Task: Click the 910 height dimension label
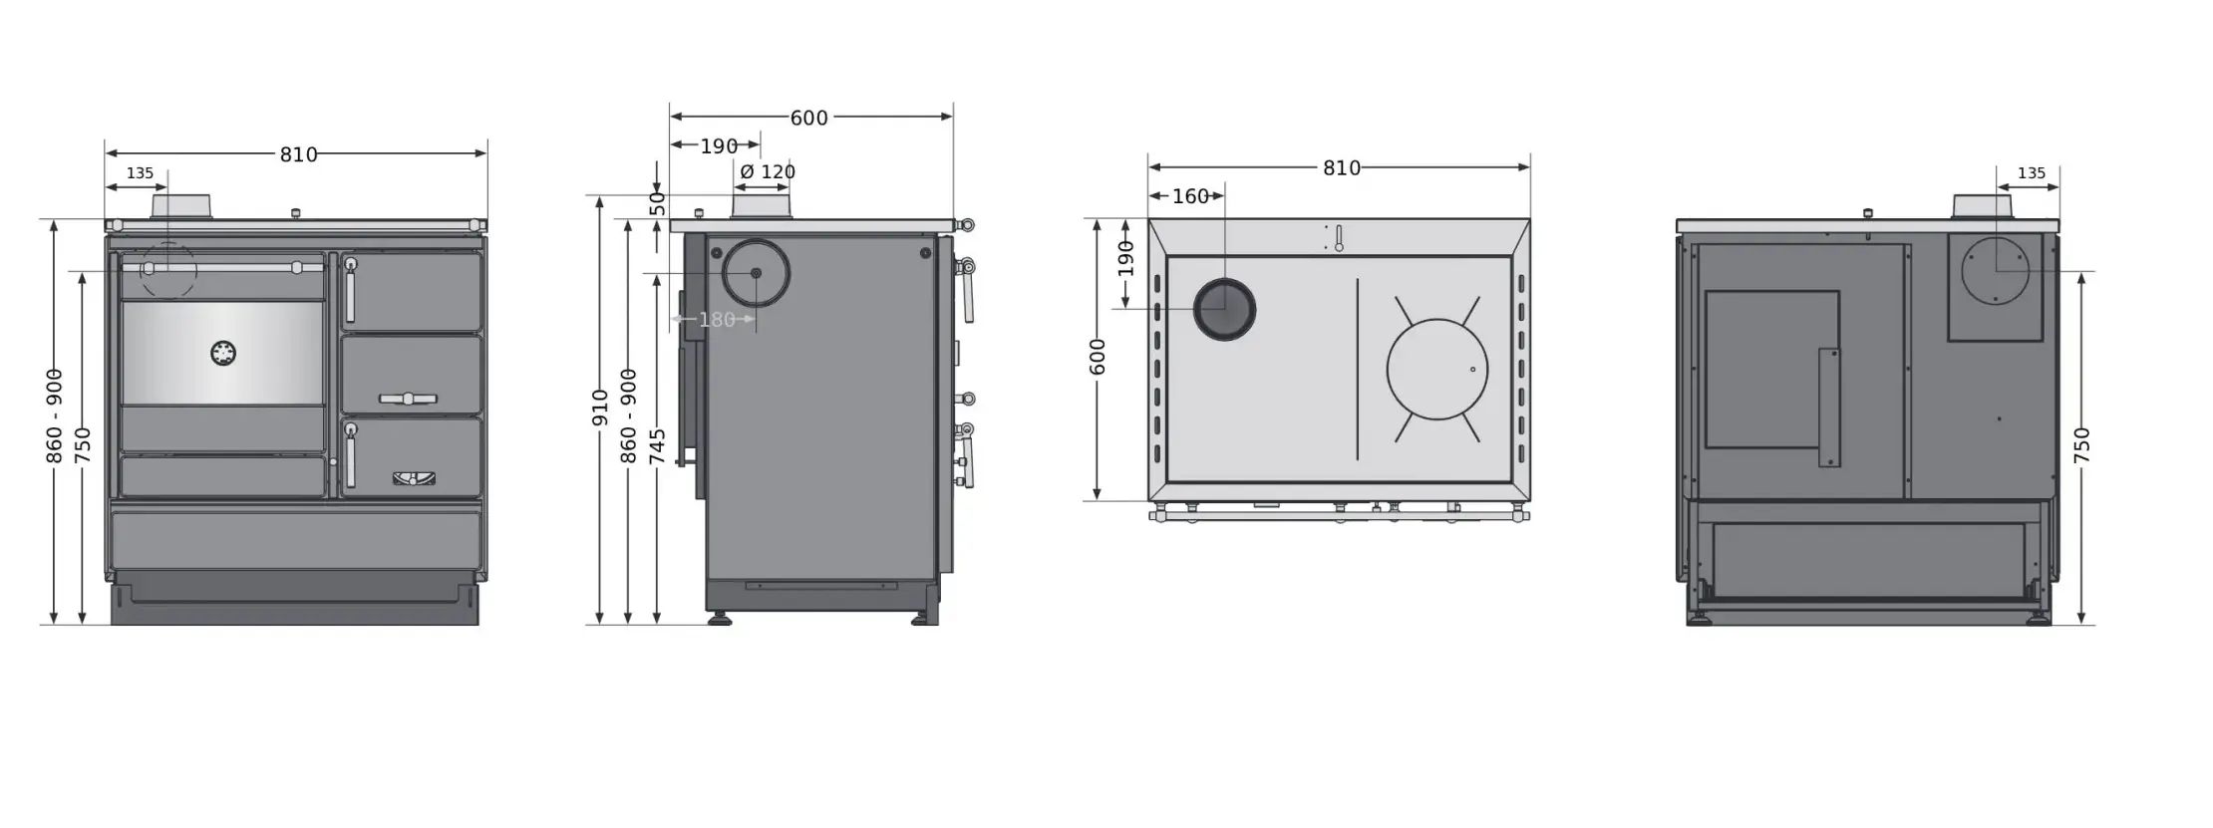pyautogui.click(x=600, y=408)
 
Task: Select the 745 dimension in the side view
pyautogui.click(x=658, y=446)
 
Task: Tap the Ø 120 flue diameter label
pyautogui.click(x=768, y=171)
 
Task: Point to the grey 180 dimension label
pyautogui.click(x=717, y=320)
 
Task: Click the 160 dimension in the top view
pyautogui.click(x=1190, y=196)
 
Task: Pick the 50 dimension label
pyautogui.click(x=658, y=204)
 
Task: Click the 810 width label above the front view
pyautogui.click(x=298, y=154)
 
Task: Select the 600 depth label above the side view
pyautogui.click(x=808, y=118)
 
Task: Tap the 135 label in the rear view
pyautogui.click(x=2031, y=173)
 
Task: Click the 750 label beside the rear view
pyautogui.click(x=2082, y=445)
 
